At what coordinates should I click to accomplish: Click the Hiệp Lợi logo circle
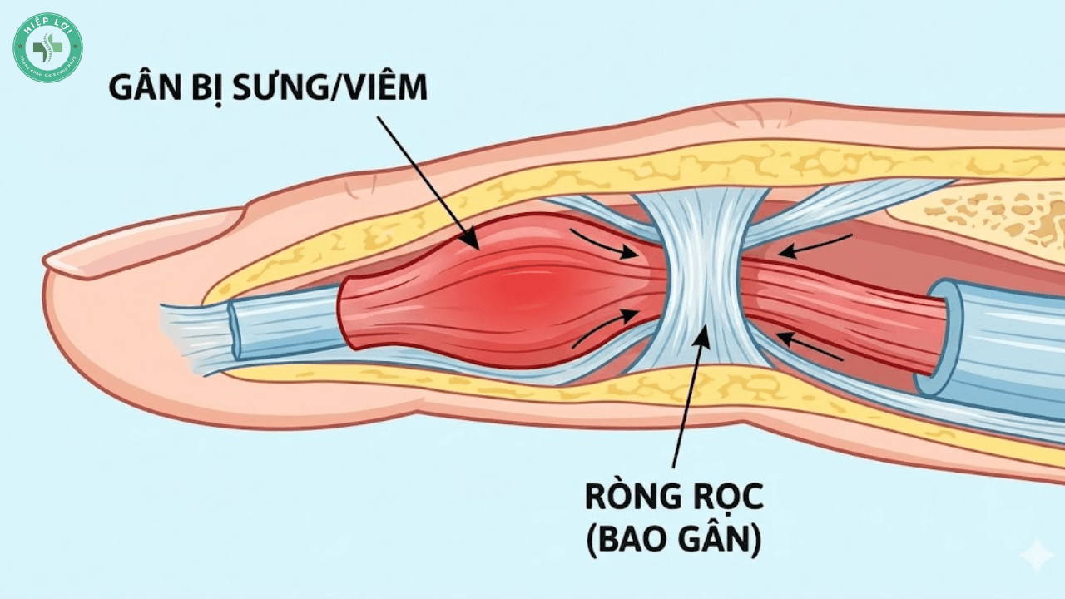47,47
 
